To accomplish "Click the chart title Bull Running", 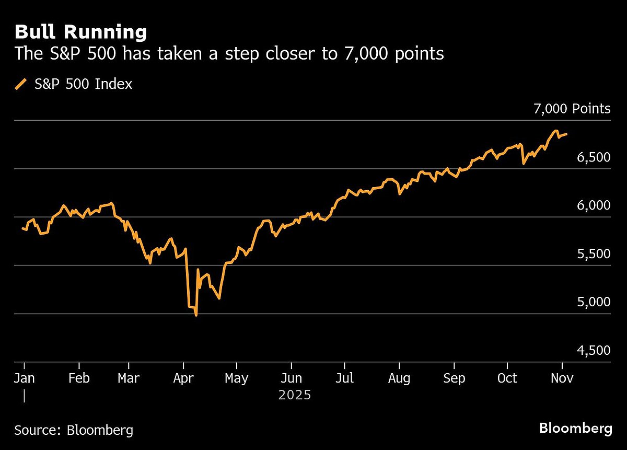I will point(80,32).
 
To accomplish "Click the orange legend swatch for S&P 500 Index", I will point(21,84).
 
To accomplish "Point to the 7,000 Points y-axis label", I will point(572,109).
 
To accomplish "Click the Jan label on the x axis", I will point(24,378).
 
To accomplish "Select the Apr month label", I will point(183,378).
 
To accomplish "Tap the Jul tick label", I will point(345,378).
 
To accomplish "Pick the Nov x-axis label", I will point(562,378).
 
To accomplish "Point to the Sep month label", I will point(454,378).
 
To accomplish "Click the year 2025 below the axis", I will point(295,395).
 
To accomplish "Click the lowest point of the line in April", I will point(196,315).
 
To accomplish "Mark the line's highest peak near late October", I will point(556,131).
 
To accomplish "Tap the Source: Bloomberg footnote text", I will point(74,431).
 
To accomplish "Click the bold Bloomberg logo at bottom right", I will point(575,429).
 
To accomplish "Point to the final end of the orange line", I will point(567,134).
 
